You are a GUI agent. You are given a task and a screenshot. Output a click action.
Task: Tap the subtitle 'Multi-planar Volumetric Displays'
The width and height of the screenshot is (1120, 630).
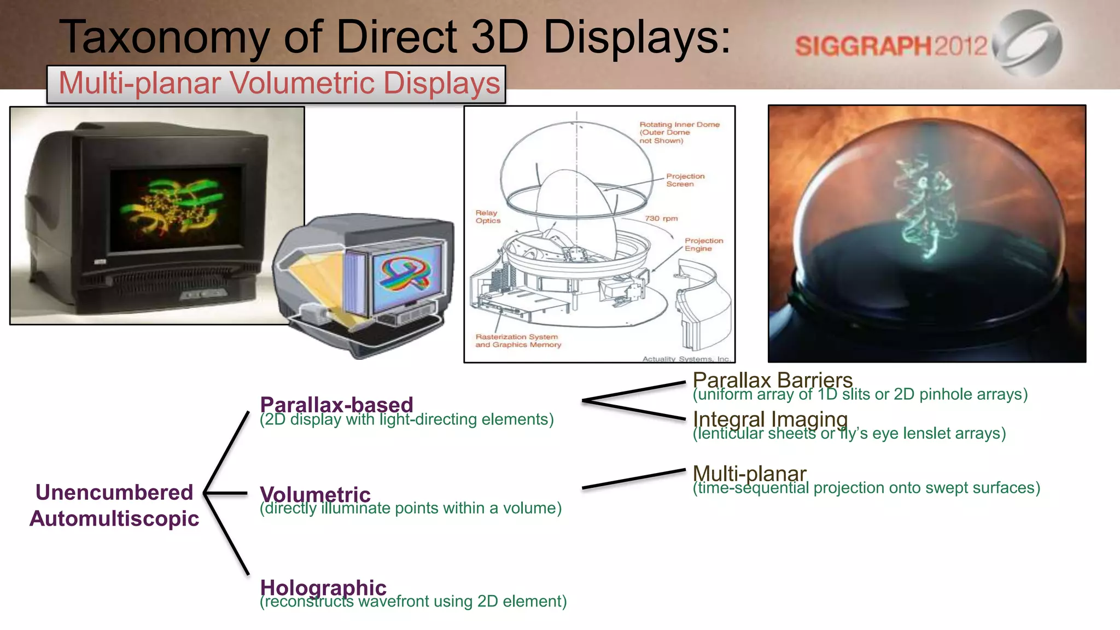(x=279, y=83)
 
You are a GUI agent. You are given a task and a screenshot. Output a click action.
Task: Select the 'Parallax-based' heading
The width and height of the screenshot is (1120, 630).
(x=336, y=405)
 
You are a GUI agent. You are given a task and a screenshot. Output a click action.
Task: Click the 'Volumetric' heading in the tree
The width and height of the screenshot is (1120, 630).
(x=315, y=494)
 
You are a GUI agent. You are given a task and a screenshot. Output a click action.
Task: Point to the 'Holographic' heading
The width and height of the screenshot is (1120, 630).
(x=323, y=587)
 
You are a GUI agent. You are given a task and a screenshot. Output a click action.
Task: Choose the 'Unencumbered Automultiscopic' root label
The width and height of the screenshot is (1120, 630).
(x=114, y=505)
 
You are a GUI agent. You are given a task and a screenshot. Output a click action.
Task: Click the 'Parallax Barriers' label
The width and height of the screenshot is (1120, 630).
(x=772, y=380)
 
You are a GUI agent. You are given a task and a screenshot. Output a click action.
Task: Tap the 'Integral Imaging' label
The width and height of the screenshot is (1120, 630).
(x=770, y=419)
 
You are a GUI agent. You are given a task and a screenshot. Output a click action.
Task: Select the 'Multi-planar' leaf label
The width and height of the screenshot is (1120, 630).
(x=749, y=474)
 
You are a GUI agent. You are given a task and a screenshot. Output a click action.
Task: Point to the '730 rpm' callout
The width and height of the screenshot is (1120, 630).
(x=661, y=218)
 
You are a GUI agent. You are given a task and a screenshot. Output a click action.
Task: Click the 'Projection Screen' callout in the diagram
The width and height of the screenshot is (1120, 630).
(x=685, y=180)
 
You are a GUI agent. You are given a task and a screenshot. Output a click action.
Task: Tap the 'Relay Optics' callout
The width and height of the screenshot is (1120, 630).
(x=487, y=217)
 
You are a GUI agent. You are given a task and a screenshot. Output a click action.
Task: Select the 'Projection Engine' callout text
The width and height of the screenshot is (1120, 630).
(x=703, y=244)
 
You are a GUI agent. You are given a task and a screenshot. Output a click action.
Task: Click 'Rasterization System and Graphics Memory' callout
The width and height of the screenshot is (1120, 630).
(x=518, y=341)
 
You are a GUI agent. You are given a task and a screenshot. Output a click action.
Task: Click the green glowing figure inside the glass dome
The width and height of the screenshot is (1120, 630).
(x=924, y=208)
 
